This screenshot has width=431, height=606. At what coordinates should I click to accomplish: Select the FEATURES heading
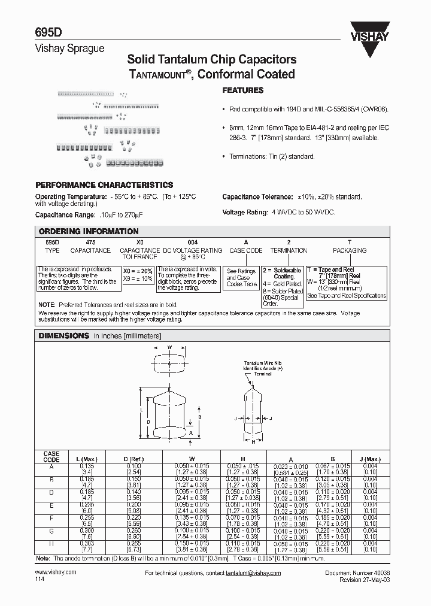coord(242,90)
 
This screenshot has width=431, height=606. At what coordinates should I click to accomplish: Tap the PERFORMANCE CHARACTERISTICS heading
coord(104,185)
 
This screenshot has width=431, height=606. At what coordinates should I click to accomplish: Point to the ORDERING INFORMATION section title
coord(89,231)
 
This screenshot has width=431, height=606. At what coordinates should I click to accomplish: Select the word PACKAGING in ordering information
coord(350,250)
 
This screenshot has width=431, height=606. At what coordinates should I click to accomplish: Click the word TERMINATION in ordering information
coord(289,250)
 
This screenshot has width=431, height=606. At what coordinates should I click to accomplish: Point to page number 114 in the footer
coord(40,580)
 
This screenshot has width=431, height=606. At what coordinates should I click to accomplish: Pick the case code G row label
coord(51,531)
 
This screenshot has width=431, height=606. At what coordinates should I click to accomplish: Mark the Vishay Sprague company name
coord(70,49)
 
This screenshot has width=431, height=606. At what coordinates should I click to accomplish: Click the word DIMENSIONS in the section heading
coord(63,336)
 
